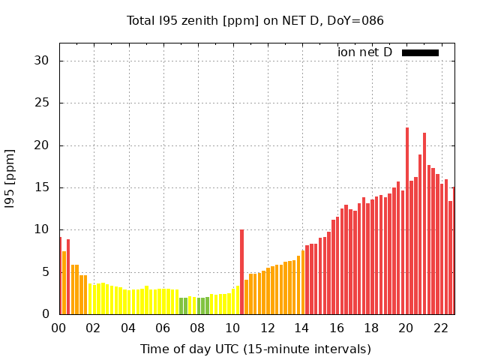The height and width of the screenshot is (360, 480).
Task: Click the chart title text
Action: tap(255, 20)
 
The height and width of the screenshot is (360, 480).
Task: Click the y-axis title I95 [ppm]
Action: tap(10, 178)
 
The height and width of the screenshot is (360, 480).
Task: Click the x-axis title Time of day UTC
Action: tap(255, 349)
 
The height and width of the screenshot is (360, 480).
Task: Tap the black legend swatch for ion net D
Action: tap(420, 52)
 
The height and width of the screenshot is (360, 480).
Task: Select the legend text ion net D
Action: tap(364, 52)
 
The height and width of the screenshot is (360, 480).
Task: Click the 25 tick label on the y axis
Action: tap(43, 103)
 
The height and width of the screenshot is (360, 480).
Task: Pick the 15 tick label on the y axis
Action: tap(43, 187)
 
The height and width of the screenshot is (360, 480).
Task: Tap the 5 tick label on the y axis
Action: tap(46, 272)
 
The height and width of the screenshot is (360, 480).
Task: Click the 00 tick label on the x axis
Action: tap(58, 328)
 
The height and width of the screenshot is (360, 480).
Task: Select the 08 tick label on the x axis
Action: tap(197, 328)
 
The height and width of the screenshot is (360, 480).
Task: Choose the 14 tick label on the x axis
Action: tap(301, 328)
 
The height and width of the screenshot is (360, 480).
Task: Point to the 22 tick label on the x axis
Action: tap(440, 328)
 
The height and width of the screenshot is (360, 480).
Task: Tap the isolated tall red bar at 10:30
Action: tap(241, 271)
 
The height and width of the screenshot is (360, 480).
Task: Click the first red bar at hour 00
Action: tap(60, 276)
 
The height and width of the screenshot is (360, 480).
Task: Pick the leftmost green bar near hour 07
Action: tap(181, 306)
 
